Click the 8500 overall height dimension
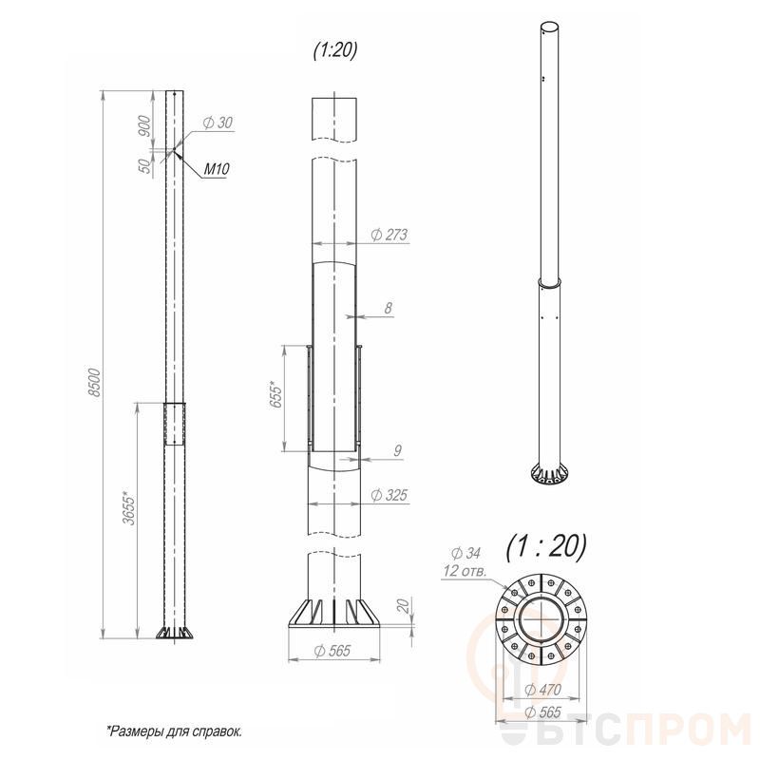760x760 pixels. pyautogui.click(x=95, y=383)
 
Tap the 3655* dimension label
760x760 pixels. pyautogui.click(x=129, y=510)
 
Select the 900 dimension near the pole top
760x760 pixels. pyautogui.click(x=144, y=125)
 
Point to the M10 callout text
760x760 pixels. pyautogui.click(x=217, y=169)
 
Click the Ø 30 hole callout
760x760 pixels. pyautogui.click(x=218, y=123)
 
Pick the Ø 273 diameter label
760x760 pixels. pyautogui.click(x=389, y=235)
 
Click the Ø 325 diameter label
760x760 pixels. pyautogui.click(x=389, y=495)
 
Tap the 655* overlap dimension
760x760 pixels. pyautogui.click(x=275, y=396)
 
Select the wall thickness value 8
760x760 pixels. pyautogui.click(x=389, y=308)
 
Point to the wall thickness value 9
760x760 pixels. pyautogui.click(x=397, y=450)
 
